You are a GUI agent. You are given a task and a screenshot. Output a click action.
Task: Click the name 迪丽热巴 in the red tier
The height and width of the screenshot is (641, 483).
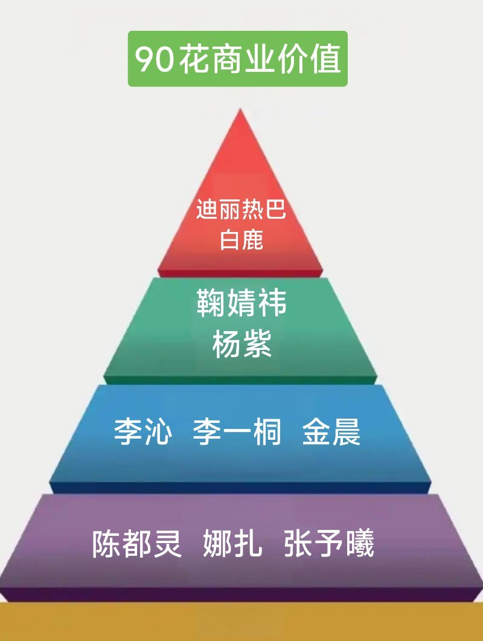click(241, 210)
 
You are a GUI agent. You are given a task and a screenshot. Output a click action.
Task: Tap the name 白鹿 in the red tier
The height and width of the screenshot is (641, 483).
click(241, 240)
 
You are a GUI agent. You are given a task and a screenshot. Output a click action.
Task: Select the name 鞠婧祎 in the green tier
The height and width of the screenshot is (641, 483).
click(241, 303)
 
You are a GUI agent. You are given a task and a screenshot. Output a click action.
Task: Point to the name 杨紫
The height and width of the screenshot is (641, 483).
click(241, 346)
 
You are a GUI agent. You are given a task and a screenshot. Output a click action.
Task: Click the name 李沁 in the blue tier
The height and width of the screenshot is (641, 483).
click(143, 433)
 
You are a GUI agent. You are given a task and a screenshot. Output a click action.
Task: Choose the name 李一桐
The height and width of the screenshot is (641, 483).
click(237, 433)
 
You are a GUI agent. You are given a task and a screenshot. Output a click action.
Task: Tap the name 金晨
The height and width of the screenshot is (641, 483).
click(331, 433)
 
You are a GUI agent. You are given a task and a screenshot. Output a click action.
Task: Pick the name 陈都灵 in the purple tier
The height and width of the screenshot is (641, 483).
click(137, 544)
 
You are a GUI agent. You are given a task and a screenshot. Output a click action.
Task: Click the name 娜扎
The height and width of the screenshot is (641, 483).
click(233, 544)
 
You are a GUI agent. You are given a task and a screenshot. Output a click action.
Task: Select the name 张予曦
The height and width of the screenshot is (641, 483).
click(329, 544)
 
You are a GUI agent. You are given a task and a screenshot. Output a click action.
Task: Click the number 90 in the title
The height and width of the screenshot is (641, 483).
click(155, 59)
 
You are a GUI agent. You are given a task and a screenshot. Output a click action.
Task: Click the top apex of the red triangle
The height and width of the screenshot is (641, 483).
click(240, 110)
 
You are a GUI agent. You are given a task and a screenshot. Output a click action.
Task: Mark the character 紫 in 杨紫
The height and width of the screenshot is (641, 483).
click(257, 346)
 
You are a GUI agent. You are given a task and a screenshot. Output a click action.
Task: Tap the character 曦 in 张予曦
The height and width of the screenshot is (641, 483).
click(360, 544)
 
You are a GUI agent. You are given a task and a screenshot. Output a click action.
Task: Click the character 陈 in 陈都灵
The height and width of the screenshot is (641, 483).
click(107, 544)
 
